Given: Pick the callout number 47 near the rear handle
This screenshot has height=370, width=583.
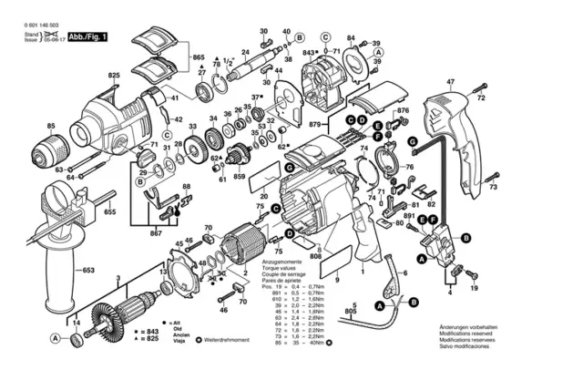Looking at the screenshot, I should click(450, 81).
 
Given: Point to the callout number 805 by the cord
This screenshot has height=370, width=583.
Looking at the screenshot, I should click(350, 312).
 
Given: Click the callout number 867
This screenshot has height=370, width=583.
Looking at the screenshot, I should click(156, 234).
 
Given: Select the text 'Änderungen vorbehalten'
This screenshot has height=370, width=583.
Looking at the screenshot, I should click(492, 326).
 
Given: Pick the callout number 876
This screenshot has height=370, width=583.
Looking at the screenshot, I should click(404, 111).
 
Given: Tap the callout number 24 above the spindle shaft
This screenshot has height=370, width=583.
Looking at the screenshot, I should click(245, 52).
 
